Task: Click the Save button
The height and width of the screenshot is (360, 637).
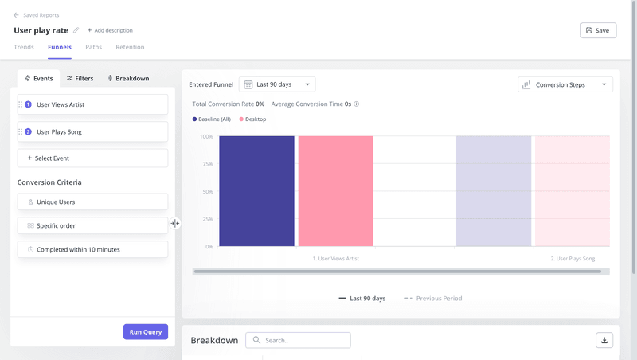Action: [x=598, y=30]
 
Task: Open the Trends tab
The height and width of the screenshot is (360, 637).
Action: [x=24, y=47]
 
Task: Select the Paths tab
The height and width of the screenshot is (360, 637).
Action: [x=93, y=47]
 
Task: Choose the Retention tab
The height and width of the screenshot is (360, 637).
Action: [x=130, y=47]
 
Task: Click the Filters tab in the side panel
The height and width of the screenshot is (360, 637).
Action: [x=80, y=79]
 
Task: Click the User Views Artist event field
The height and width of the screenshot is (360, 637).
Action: [x=92, y=104]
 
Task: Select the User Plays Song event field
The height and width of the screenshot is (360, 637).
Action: [x=92, y=131]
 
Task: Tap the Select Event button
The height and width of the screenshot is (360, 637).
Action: [x=92, y=158]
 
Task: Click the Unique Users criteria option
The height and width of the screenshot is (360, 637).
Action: [x=92, y=202]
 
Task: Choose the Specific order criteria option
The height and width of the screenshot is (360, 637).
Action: [x=92, y=225]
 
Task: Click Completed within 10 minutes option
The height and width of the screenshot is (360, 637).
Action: [x=92, y=249]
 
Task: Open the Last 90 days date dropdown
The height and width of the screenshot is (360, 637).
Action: [x=277, y=84]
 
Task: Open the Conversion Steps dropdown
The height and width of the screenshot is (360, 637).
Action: [x=565, y=84]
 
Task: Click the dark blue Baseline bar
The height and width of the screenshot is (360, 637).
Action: [x=256, y=191]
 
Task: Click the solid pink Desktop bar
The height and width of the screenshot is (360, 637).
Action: [x=335, y=191]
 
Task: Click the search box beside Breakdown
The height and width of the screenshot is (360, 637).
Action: [x=298, y=340]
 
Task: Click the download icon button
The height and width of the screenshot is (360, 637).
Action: [x=604, y=340]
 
